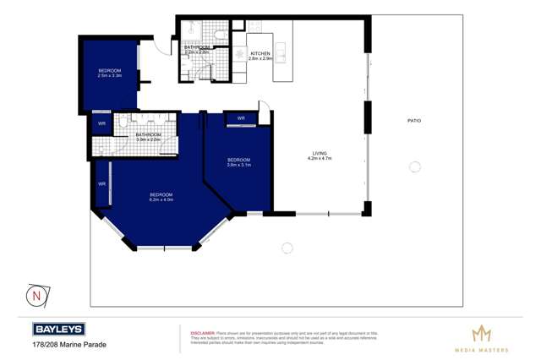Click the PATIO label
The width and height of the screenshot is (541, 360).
(414, 121)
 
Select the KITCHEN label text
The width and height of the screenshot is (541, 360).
(260, 53)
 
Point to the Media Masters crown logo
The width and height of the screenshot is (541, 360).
(481, 334)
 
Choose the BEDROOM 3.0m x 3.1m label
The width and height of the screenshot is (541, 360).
(238, 161)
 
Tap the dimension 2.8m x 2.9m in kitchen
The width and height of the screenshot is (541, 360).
(260, 58)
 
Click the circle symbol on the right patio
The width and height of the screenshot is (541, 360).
(415, 167)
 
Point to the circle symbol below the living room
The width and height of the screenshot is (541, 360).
(287, 248)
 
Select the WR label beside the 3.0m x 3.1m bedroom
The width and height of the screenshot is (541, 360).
(241, 118)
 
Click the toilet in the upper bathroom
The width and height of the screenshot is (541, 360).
(218, 35)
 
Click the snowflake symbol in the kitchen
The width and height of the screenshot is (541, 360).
(239, 53)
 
